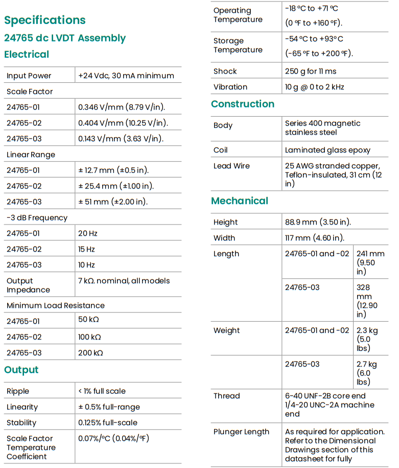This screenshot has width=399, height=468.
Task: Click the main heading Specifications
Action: [x=45, y=20]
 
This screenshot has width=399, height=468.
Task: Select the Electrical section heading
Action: [x=27, y=55]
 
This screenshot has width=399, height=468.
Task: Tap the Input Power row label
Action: [x=29, y=76]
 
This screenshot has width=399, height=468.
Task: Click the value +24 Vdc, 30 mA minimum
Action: [x=126, y=76]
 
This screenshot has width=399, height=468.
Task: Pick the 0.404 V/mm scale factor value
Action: [x=123, y=123]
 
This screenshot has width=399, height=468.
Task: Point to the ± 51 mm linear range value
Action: [x=113, y=202]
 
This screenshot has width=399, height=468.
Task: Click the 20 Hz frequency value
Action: [x=88, y=233]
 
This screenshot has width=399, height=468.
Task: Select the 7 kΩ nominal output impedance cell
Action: [x=124, y=281]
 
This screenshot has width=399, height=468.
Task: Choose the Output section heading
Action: [x=21, y=370]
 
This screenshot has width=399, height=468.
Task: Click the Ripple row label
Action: [x=18, y=391]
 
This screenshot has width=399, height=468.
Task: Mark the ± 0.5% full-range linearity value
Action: [x=109, y=407]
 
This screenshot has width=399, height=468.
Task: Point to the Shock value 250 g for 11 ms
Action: [x=311, y=71]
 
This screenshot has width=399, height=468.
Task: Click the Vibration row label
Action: [x=230, y=87]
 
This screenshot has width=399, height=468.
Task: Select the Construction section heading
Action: [x=243, y=104]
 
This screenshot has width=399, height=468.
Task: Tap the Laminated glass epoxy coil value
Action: [x=327, y=150]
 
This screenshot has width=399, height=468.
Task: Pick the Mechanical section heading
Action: [x=240, y=201]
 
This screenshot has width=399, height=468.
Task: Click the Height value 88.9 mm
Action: [x=318, y=222]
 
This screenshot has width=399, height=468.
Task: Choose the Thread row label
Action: [x=226, y=396]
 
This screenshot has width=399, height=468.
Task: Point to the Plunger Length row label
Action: [x=241, y=432]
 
